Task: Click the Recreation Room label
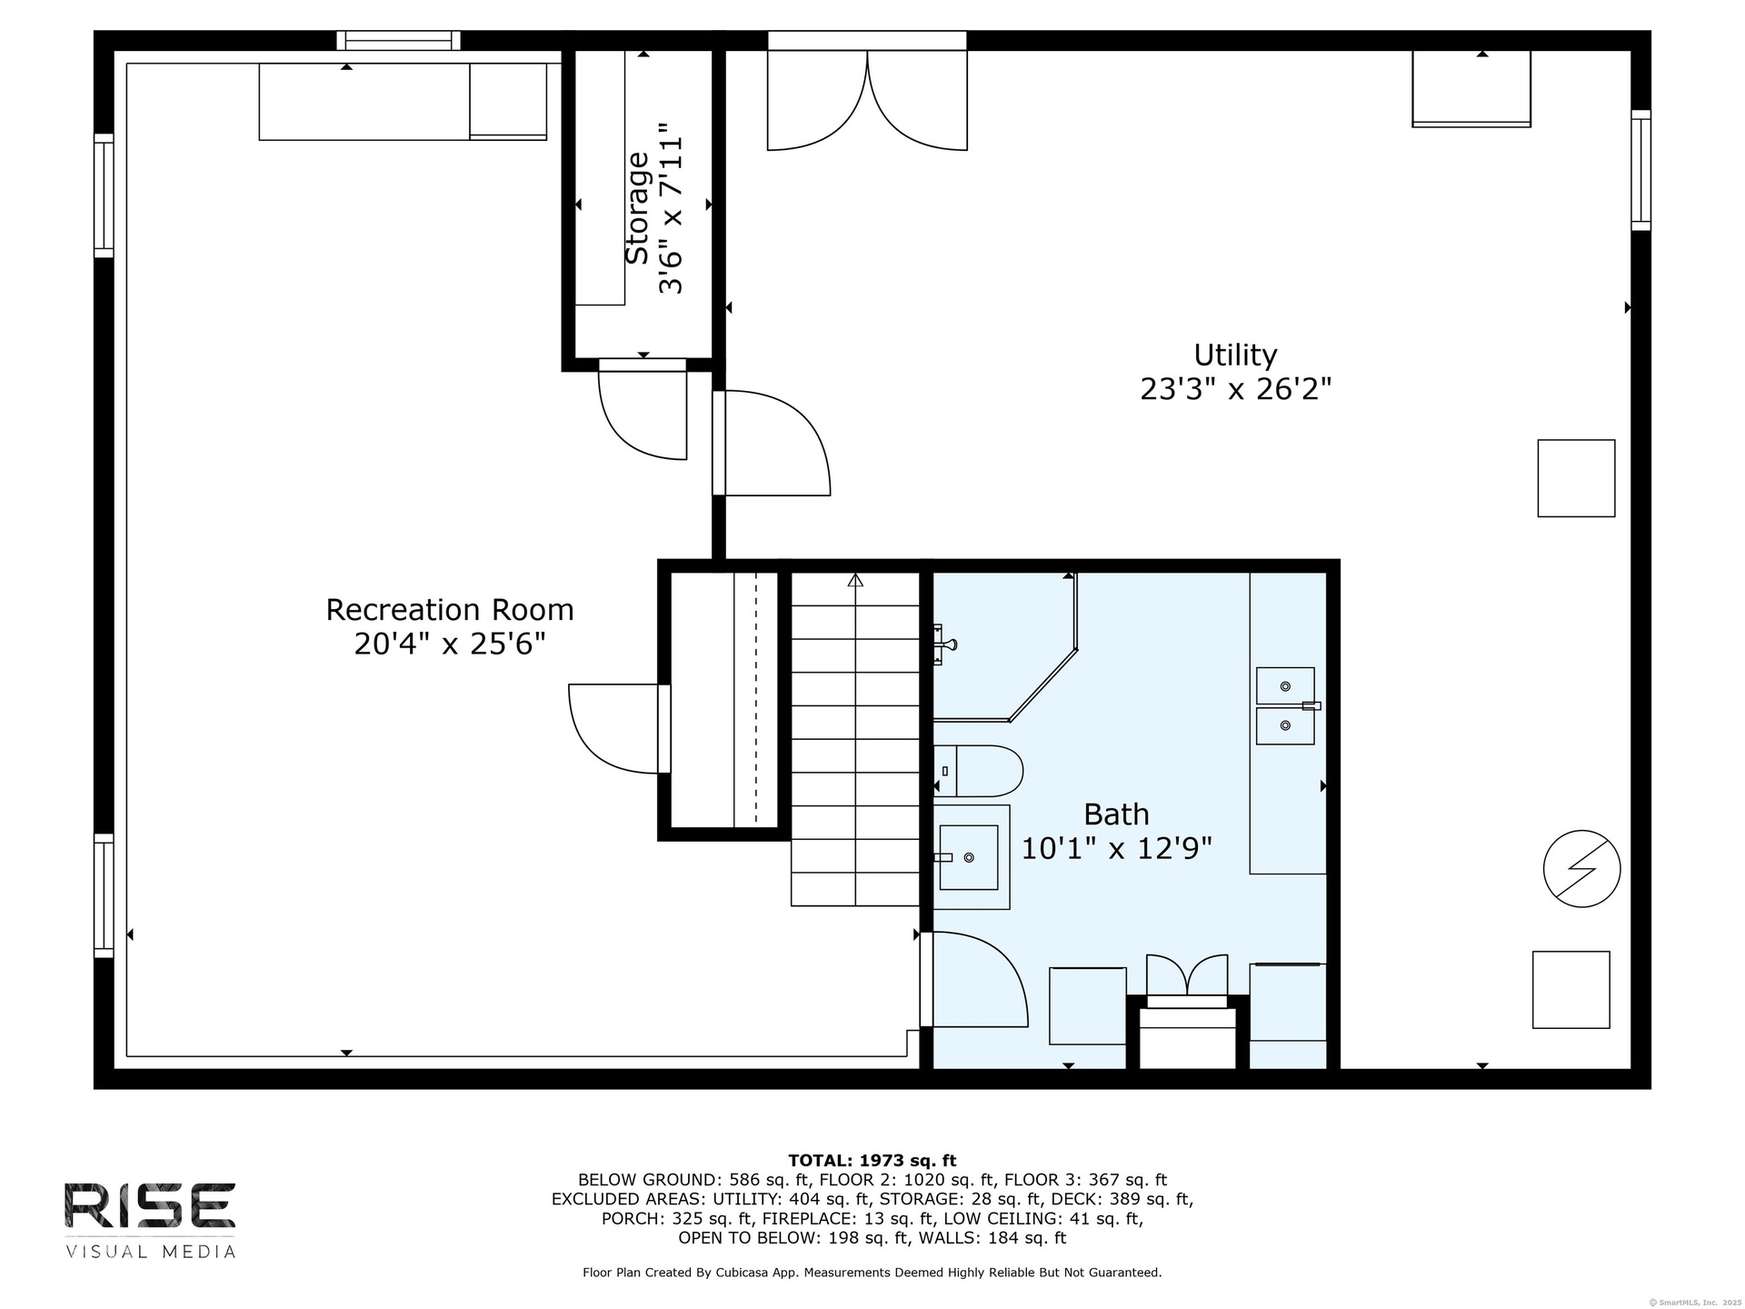tap(450, 609)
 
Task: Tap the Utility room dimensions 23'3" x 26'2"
tap(1235, 389)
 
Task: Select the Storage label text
tap(638, 208)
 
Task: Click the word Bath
tap(1116, 814)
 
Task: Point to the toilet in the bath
tap(978, 772)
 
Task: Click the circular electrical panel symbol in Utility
tap(1581, 868)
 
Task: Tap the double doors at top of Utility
tap(867, 100)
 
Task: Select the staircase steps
tap(855, 739)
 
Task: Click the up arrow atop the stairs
tap(855, 580)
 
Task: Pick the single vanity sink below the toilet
tap(969, 857)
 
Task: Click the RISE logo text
tap(150, 1204)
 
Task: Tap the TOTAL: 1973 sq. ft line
tap(872, 1160)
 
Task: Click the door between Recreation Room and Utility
tap(773, 444)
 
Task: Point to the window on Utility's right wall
tap(1640, 170)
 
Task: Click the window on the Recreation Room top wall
tap(398, 40)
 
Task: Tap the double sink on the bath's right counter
tap(1285, 706)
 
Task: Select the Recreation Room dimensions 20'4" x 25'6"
tap(450, 645)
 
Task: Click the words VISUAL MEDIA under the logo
tap(150, 1252)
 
